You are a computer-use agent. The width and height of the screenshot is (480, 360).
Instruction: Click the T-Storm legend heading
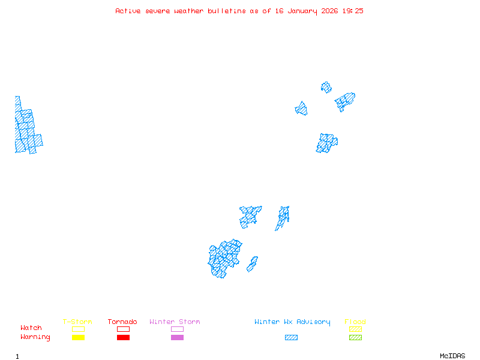click(x=77, y=322)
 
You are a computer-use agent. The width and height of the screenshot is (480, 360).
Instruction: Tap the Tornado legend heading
click(x=122, y=322)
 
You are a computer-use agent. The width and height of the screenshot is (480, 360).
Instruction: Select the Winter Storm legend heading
click(x=175, y=322)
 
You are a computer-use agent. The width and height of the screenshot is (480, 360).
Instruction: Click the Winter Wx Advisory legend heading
click(x=292, y=322)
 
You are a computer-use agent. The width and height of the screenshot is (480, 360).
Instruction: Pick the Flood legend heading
click(x=355, y=322)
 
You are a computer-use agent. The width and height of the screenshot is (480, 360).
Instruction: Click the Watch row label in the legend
click(x=31, y=328)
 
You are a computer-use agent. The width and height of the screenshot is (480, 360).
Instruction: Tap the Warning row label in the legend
click(x=35, y=337)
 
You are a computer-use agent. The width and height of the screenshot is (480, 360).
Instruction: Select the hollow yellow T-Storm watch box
click(x=78, y=329)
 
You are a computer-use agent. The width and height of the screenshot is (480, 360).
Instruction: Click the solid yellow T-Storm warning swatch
click(x=78, y=337)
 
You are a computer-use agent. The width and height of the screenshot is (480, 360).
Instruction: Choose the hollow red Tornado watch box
click(x=123, y=329)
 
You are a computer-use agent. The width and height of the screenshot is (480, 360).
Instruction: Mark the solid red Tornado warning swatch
click(x=123, y=337)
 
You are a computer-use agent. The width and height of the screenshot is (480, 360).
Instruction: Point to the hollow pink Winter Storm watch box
click(x=177, y=329)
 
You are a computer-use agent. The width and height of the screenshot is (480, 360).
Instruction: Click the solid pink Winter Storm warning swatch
click(x=177, y=337)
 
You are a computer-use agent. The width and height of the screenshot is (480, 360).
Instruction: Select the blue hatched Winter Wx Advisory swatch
click(x=291, y=337)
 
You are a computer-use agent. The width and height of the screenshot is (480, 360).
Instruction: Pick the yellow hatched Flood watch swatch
click(x=355, y=329)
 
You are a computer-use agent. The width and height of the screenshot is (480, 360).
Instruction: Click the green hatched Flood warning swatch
click(x=355, y=337)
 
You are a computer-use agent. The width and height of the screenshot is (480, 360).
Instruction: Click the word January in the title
click(x=301, y=11)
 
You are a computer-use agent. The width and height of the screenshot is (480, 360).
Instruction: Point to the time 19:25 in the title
click(x=353, y=11)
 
